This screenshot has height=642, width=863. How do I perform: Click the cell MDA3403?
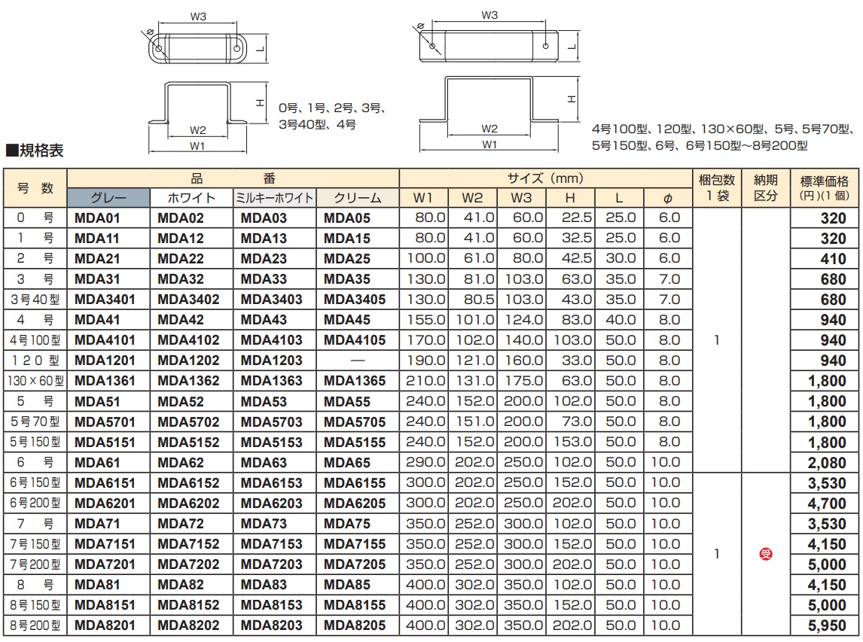click(271, 300)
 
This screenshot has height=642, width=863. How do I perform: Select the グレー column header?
click(108, 198)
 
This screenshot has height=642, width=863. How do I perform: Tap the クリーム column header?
click(357, 198)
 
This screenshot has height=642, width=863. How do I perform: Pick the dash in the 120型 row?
click(358, 361)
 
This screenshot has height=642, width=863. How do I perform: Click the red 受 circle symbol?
click(766, 554)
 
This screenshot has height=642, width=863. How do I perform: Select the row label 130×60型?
click(35, 381)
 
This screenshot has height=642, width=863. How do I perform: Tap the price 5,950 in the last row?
click(827, 625)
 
